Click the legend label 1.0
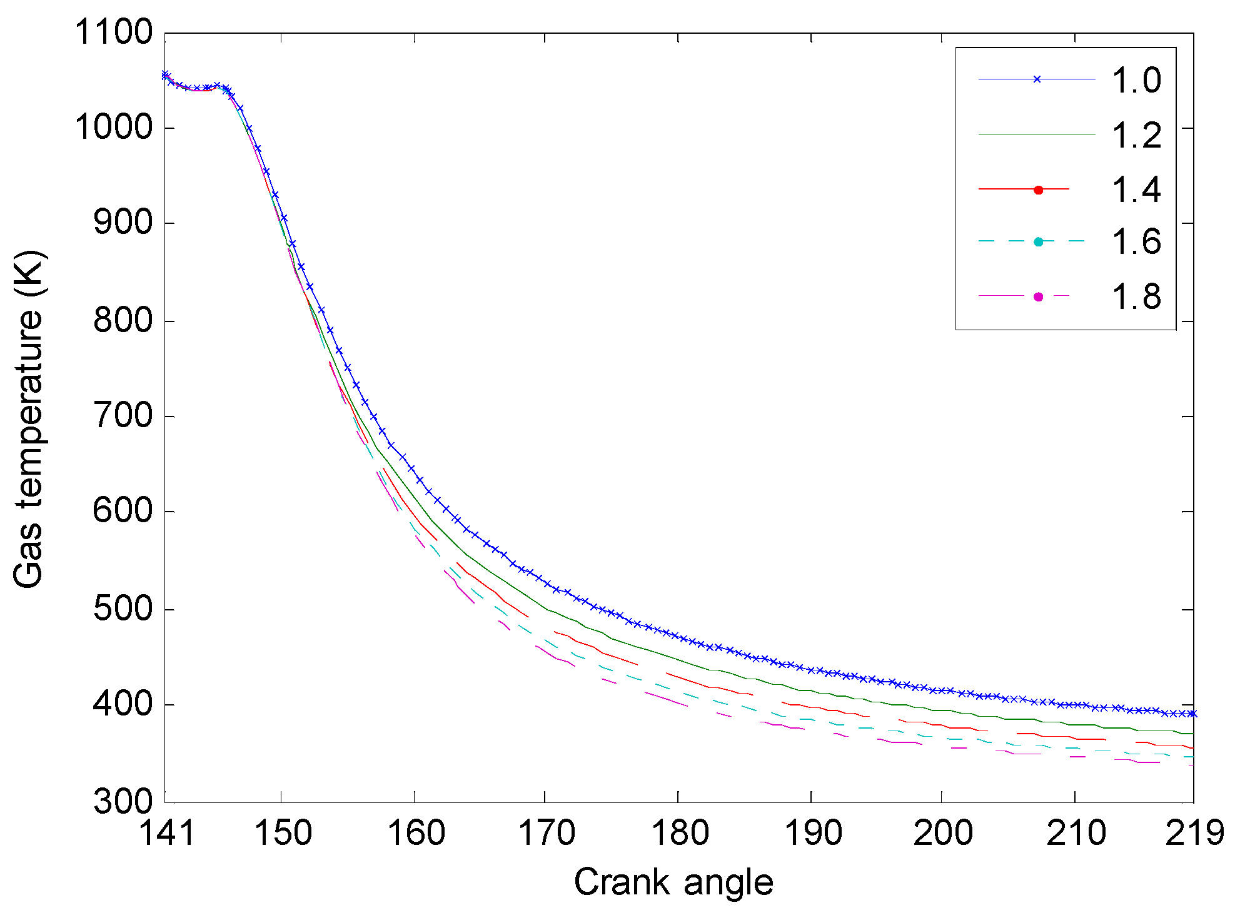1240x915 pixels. (1136, 81)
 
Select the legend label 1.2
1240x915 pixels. (1136, 135)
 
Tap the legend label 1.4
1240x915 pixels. (1136, 190)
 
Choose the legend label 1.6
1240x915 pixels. (1136, 242)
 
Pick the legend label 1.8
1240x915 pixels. (1136, 296)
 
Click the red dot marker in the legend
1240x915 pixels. (1039, 190)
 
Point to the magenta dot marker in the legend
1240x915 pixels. (1039, 296)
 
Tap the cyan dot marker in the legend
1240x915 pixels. (1039, 242)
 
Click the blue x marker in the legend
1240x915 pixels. (1037, 79)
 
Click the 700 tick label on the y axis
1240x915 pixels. (123, 416)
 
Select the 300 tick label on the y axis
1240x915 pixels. (123, 801)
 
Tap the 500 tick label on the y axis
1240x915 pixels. (123, 609)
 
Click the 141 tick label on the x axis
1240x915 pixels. (166, 834)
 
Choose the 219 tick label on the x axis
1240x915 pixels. (1194, 834)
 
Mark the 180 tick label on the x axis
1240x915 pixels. (680, 834)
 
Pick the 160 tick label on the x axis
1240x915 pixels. (416, 834)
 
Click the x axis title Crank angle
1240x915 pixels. (673, 882)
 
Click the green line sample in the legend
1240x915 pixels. (1037, 134)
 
